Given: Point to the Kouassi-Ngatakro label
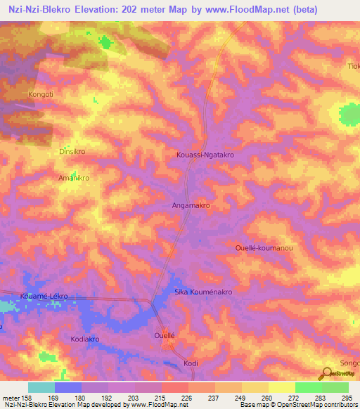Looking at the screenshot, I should click(x=203, y=154).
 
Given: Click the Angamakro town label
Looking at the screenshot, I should click(x=191, y=205).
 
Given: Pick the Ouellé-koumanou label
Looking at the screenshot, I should click(x=263, y=248).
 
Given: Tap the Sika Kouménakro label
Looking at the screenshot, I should click(x=203, y=291).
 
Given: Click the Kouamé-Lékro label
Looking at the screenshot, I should click(x=44, y=296).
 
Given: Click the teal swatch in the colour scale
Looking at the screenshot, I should click(x=41, y=387).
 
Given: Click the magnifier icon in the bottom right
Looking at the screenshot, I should click(x=326, y=374).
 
